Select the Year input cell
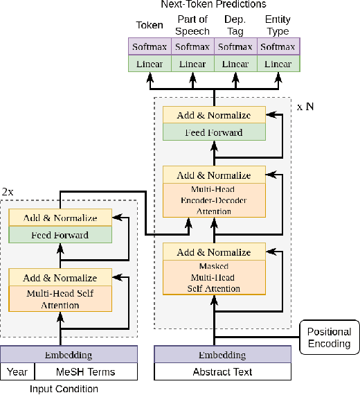point(17,372)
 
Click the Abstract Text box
point(214,372)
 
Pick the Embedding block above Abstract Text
point(214,355)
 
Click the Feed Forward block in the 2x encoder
point(60,235)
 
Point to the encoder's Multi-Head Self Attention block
point(60,299)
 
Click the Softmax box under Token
point(150,47)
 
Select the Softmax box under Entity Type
point(279,47)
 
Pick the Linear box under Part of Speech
point(192,64)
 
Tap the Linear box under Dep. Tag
point(235,64)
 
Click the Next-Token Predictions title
point(214,5)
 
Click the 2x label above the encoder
point(8,191)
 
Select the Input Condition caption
point(64,389)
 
